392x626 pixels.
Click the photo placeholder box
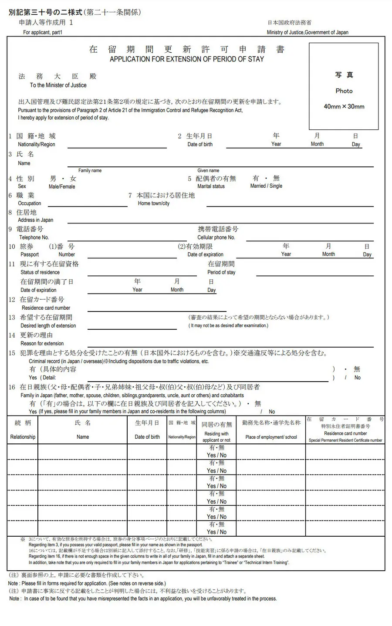pos(344,86)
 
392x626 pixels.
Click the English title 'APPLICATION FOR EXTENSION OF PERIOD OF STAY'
pos(186,59)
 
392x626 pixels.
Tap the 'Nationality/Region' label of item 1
pos(37,144)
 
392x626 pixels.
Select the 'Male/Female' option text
pos(62,186)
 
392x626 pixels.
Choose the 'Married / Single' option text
pos(266,186)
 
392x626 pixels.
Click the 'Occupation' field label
pos(30,203)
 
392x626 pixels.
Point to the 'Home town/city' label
pos(154,203)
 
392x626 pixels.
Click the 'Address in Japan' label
pos(36,220)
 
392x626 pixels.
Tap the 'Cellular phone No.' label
pos(216,237)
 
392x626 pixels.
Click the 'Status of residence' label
pos(40,272)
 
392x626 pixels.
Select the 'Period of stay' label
pos(221,272)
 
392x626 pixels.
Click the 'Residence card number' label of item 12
pos(46,308)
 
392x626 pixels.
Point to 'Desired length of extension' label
pos(48,325)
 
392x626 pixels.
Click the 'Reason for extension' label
pos(42,343)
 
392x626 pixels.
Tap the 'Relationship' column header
pos(23,437)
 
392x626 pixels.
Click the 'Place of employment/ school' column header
pos(271,437)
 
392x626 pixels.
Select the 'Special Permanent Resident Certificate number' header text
pos(345,440)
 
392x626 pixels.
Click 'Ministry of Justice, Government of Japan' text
pos(308,32)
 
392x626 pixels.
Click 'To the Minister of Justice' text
pos(58,85)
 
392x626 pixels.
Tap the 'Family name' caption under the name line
pos(90,170)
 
